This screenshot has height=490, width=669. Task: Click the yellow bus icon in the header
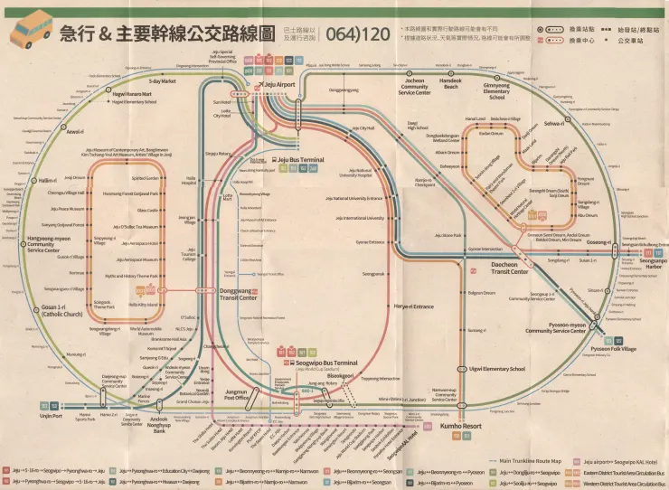tap(31, 29)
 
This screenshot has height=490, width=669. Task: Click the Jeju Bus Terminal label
tap(299, 160)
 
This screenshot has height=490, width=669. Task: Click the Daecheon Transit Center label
tap(509, 268)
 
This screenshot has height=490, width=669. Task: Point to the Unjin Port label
tap(52, 417)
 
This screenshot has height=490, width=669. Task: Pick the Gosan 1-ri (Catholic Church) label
tap(61, 309)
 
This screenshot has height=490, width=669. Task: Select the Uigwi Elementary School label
tap(496, 369)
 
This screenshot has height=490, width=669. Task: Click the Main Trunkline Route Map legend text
tap(536, 460)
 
